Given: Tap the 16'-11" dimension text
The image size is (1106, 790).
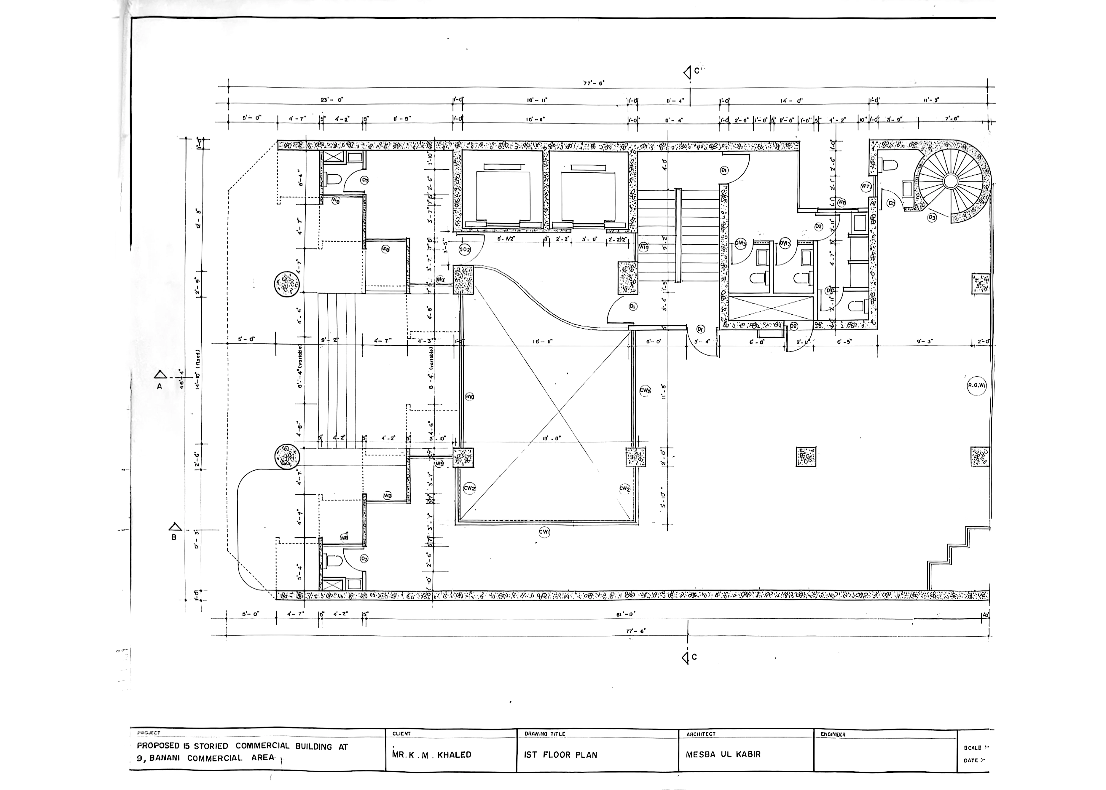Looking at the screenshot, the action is [543, 342].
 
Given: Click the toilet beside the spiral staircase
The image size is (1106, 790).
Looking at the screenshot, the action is [889, 165].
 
